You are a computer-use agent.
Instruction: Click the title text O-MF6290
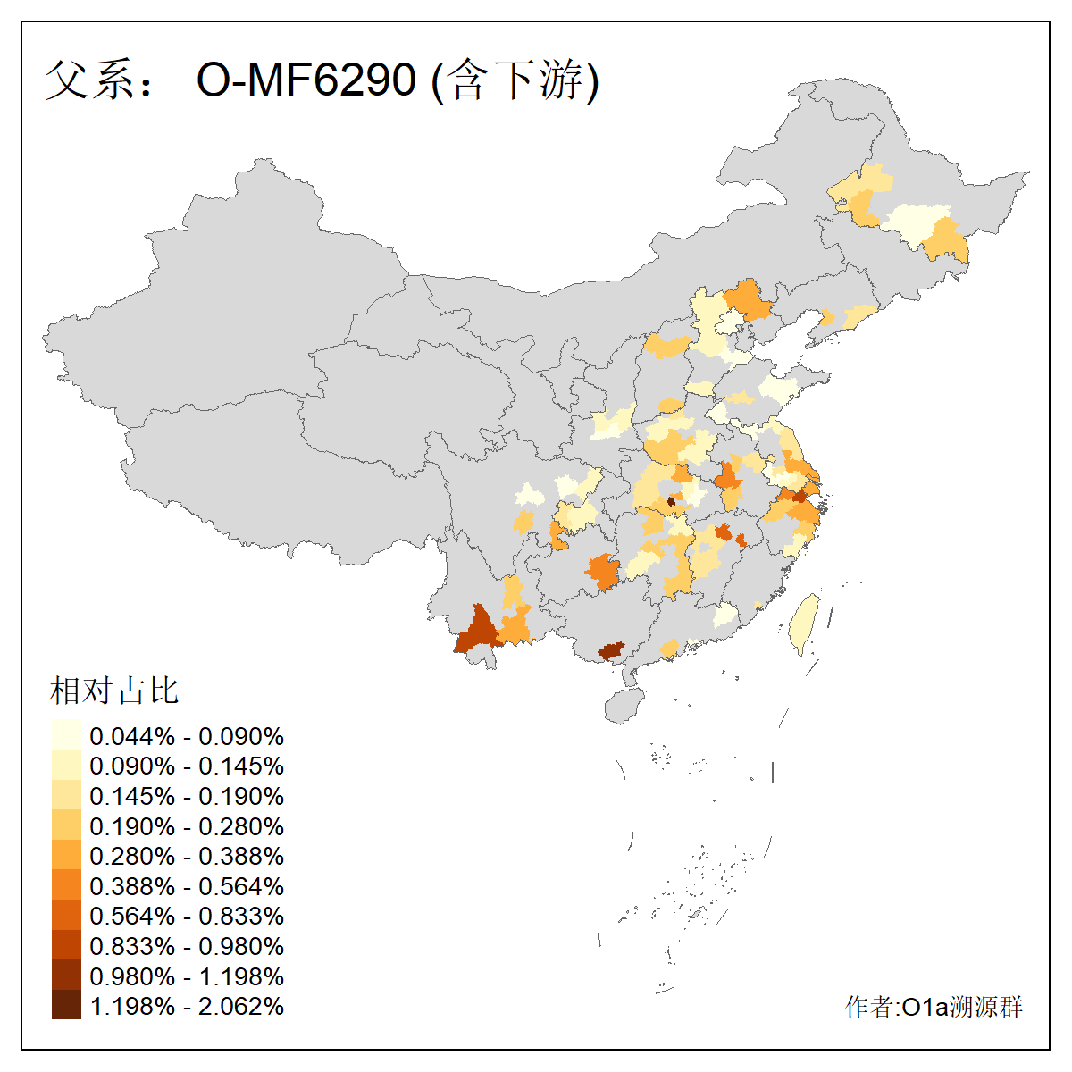click(306, 80)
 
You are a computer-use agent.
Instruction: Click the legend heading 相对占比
click(114, 691)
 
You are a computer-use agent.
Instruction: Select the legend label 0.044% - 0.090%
click(187, 737)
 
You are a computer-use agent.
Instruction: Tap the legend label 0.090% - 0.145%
click(187, 766)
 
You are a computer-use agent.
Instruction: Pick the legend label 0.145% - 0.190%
click(187, 797)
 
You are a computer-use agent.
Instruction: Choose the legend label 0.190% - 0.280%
click(187, 827)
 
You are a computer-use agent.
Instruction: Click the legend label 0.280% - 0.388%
click(187, 857)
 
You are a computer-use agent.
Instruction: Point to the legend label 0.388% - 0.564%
click(187, 887)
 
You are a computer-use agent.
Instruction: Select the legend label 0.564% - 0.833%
click(187, 917)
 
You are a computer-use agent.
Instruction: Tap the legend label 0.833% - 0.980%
click(187, 947)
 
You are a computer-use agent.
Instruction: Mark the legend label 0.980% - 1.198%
click(187, 977)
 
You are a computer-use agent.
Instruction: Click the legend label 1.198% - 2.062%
click(187, 1007)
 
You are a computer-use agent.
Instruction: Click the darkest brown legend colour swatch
click(66, 1005)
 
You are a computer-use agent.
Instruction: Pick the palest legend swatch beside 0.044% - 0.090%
click(66, 735)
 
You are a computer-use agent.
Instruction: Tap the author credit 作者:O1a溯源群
click(934, 1008)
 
